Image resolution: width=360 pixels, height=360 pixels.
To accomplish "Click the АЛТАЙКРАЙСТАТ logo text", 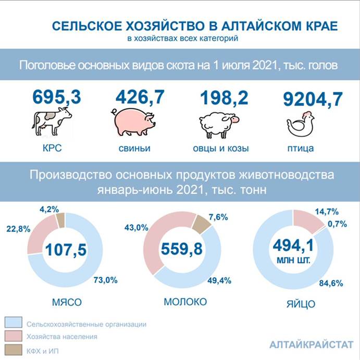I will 311,345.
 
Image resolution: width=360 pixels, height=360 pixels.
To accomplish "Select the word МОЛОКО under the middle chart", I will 185,302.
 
